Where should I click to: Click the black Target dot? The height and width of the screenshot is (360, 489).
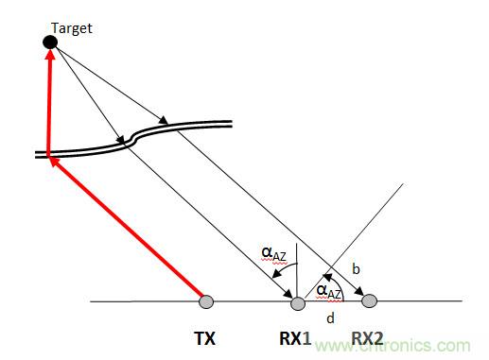pyautogui.click(x=50, y=42)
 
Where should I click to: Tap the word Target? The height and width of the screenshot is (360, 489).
pyautogui.click(x=72, y=28)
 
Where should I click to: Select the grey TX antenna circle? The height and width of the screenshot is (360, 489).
pyautogui.click(x=206, y=301)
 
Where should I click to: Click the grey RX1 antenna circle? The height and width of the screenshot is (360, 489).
pyautogui.click(x=298, y=303)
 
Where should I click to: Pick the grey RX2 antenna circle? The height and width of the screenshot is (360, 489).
pyautogui.click(x=369, y=300)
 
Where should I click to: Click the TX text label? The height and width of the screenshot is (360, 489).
pyautogui.click(x=205, y=339)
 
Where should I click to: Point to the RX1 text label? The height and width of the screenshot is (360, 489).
pyautogui.click(x=295, y=339)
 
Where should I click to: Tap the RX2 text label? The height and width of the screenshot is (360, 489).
pyautogui.click(x=367, y=339)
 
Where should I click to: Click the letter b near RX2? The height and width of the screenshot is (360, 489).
pyautogui.click(x=356, y=269)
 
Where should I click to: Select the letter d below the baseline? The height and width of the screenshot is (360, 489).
pyautogui.click(x=330, y=318)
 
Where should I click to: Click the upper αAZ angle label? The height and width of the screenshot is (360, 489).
pyautogui.click(x=273, y=254)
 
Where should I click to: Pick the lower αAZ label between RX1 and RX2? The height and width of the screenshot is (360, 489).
pyautogui.click(x=329, y=291)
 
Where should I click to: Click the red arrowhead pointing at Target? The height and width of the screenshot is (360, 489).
pyautogui.click(x=50, y=54)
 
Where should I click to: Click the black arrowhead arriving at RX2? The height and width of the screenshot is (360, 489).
pyautogui.click(x=359, y=292)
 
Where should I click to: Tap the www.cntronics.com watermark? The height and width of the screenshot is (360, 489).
pyautogui.click(x=393, y=346)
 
